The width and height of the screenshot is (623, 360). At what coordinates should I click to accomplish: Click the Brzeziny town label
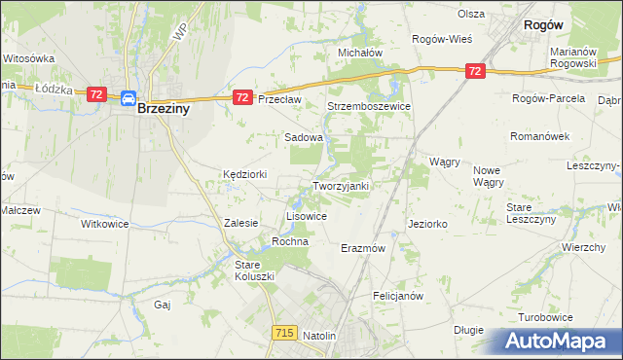pos(163,110)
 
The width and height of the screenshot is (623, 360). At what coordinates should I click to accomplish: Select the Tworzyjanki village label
pos(340,186)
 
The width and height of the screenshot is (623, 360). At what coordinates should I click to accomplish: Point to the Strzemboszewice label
pos(369,106)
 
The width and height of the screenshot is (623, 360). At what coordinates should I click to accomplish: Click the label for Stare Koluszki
pos(256,270)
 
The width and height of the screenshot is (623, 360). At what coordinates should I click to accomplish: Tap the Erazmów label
pos(364,248)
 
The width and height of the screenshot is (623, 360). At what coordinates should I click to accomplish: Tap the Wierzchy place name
pos(584,247)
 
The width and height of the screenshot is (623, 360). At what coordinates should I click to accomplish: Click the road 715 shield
pos(284,333)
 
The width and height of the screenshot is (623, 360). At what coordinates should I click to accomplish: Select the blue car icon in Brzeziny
pos(128,97)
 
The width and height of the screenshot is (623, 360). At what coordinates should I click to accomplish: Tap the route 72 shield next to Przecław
pos(243,97)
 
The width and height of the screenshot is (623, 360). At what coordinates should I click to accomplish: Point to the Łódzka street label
pos(55,88)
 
